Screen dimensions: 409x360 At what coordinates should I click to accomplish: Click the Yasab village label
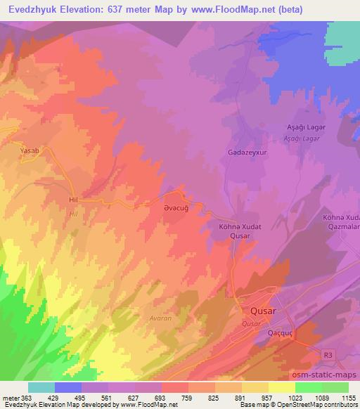pyautogui.click(x=29, y=150)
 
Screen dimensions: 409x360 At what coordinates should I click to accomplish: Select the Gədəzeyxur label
pyautogui.click(x=246, y=152)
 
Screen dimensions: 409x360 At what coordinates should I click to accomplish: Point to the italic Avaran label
pyautogui.click(x=161, y=317)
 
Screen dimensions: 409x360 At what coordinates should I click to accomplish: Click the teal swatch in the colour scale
pyautogui.click(x=41, y=387)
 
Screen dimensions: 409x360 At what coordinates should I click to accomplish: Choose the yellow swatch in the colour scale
pyautogui.click(x=281, y=387)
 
